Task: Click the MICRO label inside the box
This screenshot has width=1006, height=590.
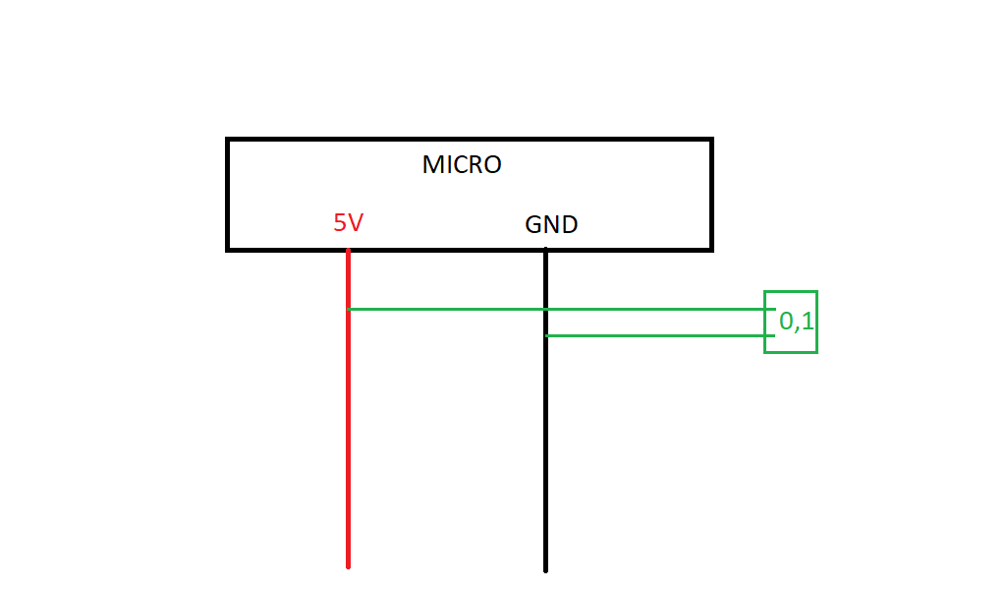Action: tap(462, 165)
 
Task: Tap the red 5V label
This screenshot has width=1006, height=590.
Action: tap(349, 223)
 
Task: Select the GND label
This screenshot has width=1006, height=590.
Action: tap(551, 225)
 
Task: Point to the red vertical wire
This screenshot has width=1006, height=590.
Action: tap(349, 409)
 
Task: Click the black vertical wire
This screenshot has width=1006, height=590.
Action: tap(545, 410)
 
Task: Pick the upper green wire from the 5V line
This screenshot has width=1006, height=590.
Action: tap(561, 310)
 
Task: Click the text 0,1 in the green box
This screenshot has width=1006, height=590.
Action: tap(796, 321)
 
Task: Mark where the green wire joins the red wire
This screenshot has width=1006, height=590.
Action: tap(349, 310)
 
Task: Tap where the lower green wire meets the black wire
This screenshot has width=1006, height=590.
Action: tap(546, 335)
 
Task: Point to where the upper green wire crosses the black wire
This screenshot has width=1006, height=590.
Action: tap(545, 310)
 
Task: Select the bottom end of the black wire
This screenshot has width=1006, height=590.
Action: tap(546, 571)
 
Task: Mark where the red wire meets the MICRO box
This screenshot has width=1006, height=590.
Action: tap(349, 250)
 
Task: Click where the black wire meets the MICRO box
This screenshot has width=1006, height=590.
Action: tap(545, 250)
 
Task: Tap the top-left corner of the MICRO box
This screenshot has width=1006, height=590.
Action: tap(227, 139)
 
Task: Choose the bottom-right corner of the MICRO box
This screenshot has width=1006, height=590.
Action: tap(712, 250)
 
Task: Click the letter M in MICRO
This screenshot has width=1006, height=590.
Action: tap(432, 165)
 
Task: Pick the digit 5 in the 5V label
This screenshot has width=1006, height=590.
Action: tap(340, 223)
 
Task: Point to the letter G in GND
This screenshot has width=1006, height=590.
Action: tap(533, 225)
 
